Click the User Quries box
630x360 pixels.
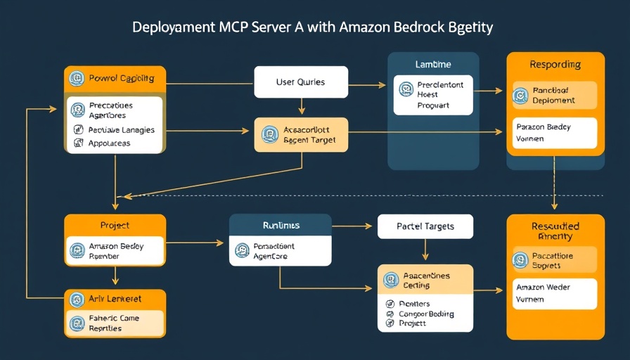point(301,82)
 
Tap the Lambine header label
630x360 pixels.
point(433,65)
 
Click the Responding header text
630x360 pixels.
point(555,65)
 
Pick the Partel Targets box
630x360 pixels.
point(425,226)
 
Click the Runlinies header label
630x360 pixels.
point(280,226)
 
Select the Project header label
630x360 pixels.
point(115,226)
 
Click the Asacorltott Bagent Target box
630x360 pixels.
point(300,134)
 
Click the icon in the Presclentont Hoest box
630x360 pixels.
point(406,89)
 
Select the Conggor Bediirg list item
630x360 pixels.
point(425,314)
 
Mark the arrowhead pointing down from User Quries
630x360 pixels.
point(301,110)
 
